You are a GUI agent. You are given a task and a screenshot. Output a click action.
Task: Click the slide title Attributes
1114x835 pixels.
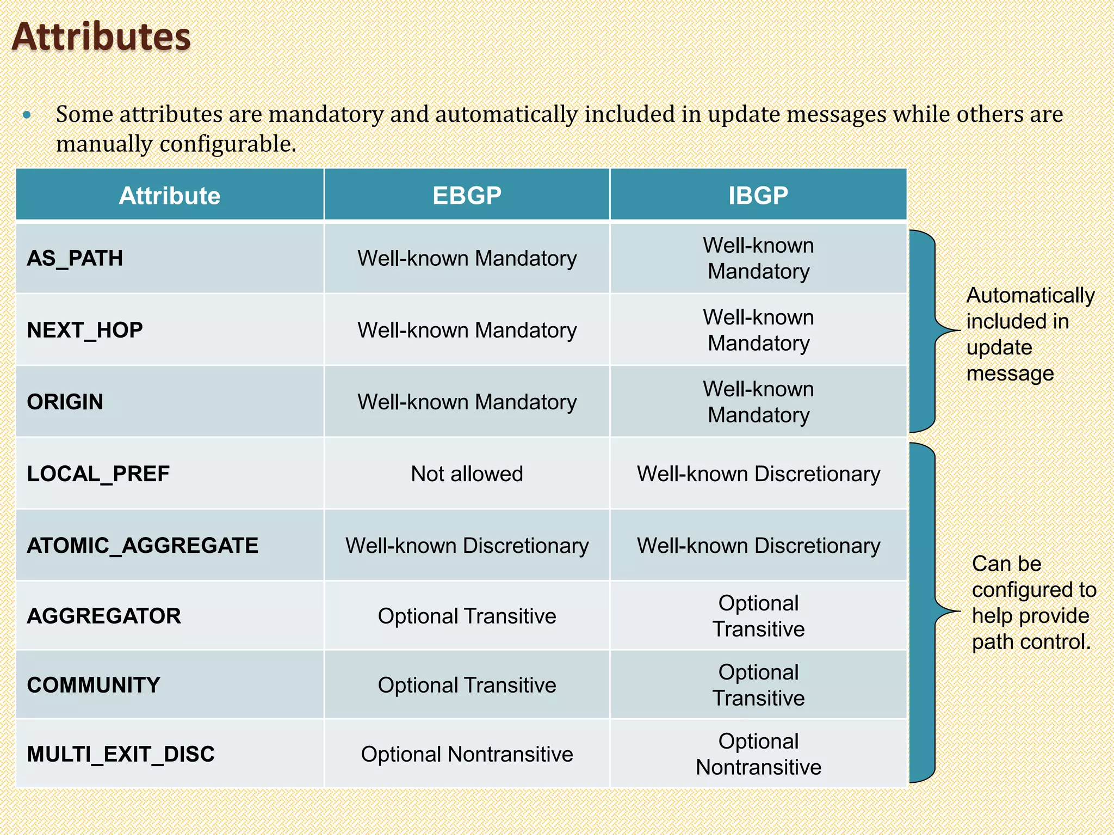101,37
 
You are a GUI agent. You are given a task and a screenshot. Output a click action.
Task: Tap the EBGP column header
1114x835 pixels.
467,196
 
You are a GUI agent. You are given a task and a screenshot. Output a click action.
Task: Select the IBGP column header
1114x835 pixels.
758,196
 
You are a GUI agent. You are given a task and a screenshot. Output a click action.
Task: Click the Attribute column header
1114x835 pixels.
170,196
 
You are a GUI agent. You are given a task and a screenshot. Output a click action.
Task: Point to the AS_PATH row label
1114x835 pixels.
75,258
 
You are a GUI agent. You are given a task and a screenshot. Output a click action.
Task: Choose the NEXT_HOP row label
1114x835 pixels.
85,330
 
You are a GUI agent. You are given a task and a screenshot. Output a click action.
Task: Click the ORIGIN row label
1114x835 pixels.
65,402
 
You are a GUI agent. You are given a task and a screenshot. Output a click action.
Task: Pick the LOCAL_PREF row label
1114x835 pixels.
98,473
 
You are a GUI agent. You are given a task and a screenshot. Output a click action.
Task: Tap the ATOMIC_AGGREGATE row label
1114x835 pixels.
143,545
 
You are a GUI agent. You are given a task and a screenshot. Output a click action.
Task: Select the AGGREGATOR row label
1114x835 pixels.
104,616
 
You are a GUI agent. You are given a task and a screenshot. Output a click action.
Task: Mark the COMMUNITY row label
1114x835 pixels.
94,685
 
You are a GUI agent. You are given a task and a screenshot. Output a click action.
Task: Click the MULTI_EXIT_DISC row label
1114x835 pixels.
121,754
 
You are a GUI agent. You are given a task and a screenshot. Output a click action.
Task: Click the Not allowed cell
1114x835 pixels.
467,473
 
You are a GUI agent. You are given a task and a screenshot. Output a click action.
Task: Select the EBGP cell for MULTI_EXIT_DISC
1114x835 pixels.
467,754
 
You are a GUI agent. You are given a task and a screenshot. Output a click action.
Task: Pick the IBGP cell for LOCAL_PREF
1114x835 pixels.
758,473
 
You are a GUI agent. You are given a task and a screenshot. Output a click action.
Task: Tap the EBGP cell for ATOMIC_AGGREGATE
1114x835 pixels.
467,545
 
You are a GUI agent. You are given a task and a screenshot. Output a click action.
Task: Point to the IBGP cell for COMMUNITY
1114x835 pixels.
758,685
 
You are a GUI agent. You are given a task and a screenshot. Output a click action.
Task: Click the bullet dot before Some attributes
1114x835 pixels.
27,115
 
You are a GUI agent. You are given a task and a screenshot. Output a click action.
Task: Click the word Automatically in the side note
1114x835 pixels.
1030,296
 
